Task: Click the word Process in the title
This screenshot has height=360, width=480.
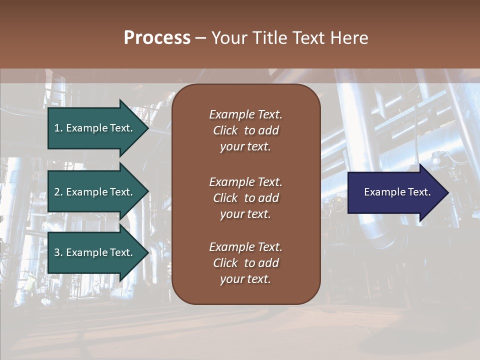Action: (157, 38)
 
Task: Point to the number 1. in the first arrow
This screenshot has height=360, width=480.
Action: (58, 128)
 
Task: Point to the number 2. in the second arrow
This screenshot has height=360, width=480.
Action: (58, 192)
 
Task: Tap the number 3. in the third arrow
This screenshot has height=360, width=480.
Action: (58, 252)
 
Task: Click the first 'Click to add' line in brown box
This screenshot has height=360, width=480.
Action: (245, 130)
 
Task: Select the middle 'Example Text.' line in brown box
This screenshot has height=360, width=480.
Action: (245, 182)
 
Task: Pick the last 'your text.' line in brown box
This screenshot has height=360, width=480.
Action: (245, 279)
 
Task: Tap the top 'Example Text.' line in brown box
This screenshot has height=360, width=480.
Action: (245, 114)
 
